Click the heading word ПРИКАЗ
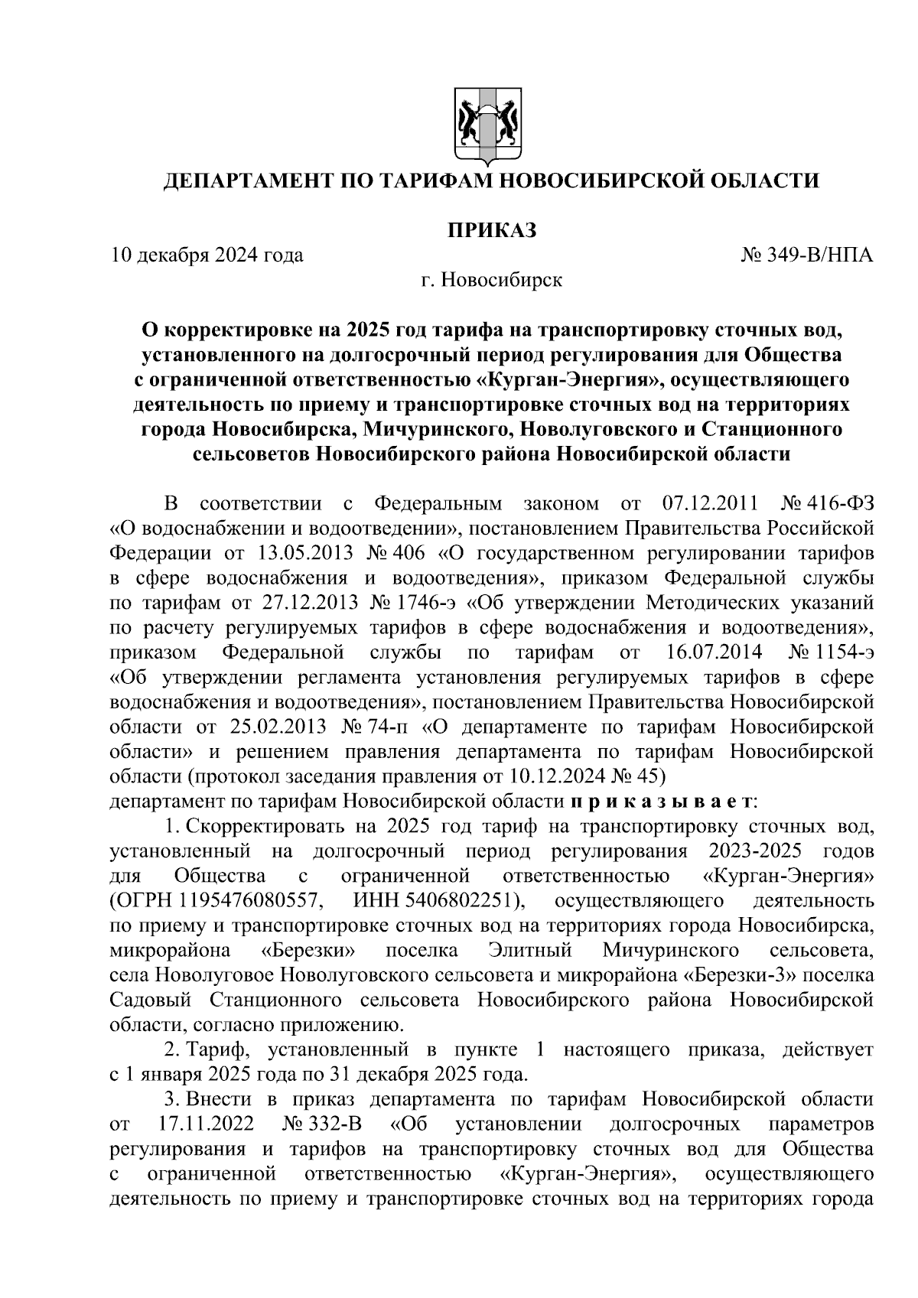click(490, 229)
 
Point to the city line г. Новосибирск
click(490, 281)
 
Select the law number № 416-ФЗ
click(827, 505)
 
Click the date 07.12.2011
click(708, 505)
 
